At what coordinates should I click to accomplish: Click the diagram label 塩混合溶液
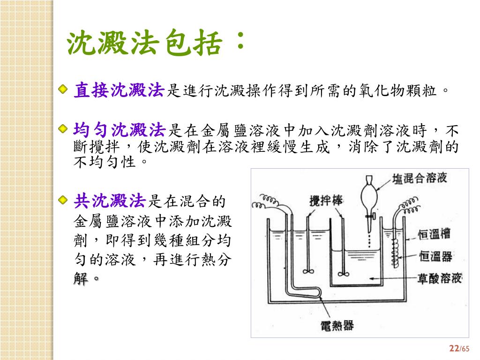tap(420, 178)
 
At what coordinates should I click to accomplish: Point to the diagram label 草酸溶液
tap(439, 278)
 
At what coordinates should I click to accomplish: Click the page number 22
tap(453, 348)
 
